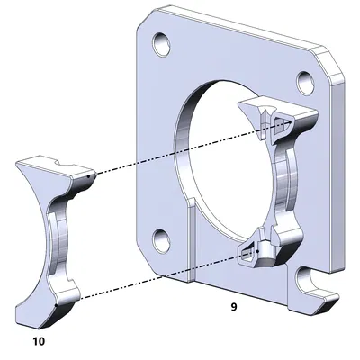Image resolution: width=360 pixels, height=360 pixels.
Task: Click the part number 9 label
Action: [x=234, y=307]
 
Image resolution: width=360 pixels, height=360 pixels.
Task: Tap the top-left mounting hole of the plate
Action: [x=162, y=42]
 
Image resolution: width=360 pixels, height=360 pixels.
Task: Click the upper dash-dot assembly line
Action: [x=180, y=149]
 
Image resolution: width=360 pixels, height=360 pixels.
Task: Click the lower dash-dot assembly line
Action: [x=162, y=274]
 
